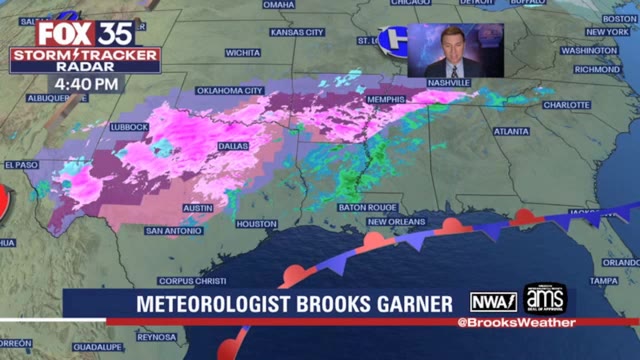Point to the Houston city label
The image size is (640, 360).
pos(256,224)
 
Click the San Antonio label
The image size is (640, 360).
pos(174,230)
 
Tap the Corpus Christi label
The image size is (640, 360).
pos(188,281)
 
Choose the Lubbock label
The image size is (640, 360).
pos(130,127)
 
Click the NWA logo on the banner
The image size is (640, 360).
pos(493,301)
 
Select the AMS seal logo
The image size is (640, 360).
pos(545,299)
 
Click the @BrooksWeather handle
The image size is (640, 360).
pos(516,322)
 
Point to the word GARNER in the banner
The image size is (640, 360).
pos(405,302)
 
